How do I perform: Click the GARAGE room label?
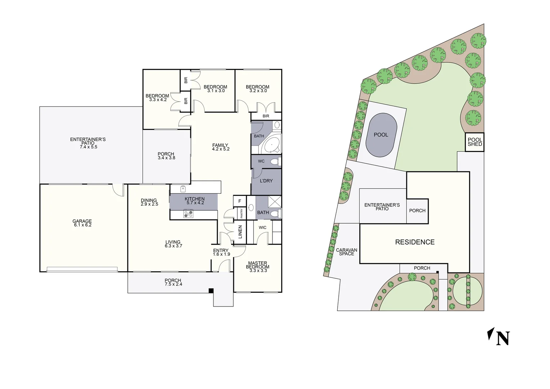82,221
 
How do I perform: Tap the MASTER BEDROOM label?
258,265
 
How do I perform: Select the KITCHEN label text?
195,199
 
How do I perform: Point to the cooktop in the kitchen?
188,214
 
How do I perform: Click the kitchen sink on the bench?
183,188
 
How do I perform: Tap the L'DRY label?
266,181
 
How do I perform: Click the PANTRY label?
242,213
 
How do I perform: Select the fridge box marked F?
240,201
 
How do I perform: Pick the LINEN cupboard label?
240,232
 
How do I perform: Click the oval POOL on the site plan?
381,135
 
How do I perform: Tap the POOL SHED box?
474,142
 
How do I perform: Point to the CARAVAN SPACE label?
347,252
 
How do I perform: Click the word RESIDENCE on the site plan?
415,242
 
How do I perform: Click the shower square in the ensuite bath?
275,201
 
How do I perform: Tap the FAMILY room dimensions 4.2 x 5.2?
221,149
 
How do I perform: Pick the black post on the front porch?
211,291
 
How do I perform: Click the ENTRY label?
221,250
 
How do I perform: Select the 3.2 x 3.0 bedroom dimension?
258,91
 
